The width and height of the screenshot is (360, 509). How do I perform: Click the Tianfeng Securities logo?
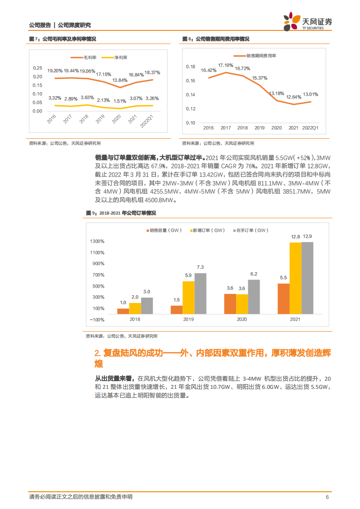[308, 22]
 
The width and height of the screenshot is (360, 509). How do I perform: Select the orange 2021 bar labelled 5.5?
[283, 299]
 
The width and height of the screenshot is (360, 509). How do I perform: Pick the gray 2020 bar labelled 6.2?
[254, 296]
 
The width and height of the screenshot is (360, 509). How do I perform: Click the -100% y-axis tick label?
[97, 319]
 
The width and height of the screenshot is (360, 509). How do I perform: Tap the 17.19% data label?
[225, 65]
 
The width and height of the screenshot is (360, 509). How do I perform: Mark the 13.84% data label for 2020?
[120, 80]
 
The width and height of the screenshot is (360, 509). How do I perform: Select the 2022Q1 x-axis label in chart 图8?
[311, 128]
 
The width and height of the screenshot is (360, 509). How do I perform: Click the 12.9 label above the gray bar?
[307, 237]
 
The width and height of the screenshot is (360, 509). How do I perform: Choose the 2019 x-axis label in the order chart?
[188, 320]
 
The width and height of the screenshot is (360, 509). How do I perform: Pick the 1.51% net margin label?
[120, 101]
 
